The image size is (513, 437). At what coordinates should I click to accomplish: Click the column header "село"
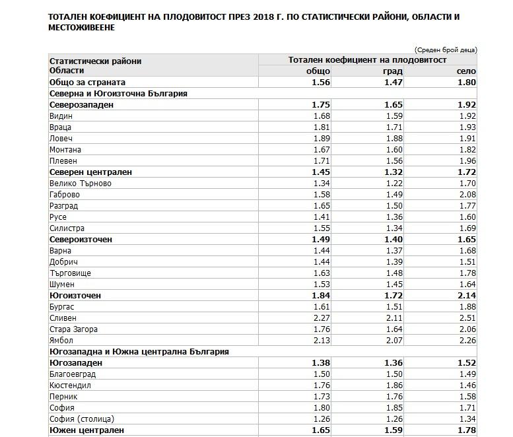click(466, 71)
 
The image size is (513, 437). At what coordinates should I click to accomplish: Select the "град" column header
click(392, 71)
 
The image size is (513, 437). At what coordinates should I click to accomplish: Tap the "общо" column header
click(318, 71)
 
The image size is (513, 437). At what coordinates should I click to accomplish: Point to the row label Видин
click(61, 116)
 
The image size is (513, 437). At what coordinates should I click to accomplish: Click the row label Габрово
click(65, 195)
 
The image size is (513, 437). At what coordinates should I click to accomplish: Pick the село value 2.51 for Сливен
click(466, 318)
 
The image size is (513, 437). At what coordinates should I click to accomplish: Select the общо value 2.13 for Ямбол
click(321, 341)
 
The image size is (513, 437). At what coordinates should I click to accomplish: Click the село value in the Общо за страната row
click(466, 83)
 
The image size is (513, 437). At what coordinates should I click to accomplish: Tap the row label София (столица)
click(82, 419)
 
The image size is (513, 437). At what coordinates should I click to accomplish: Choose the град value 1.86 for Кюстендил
click(393, 386)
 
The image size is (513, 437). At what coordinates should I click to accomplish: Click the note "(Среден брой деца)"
click(445, 50)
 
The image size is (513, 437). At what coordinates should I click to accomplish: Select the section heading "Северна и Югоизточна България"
click(118, 94)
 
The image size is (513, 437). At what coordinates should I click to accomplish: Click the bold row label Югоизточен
click(75, 296)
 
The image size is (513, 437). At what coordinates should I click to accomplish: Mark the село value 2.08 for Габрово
click(466, 195)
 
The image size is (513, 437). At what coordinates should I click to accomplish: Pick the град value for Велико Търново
click(393, 184)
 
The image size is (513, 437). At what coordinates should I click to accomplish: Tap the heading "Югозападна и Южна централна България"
click(139, 352)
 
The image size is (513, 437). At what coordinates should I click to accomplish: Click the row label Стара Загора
click(73, 329)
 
